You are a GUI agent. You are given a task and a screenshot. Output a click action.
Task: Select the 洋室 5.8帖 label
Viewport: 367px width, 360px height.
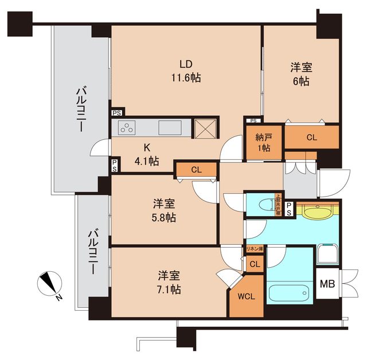164,210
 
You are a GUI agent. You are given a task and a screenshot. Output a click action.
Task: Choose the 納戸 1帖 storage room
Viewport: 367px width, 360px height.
264,143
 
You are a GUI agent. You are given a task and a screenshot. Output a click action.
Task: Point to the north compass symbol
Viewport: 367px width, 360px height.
50,284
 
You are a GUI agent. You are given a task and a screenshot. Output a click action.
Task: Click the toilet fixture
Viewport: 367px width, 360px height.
263,205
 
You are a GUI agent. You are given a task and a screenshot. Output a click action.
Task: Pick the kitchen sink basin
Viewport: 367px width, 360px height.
170,127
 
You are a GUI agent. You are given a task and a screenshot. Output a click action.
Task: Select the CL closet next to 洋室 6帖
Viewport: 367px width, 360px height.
311,137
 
